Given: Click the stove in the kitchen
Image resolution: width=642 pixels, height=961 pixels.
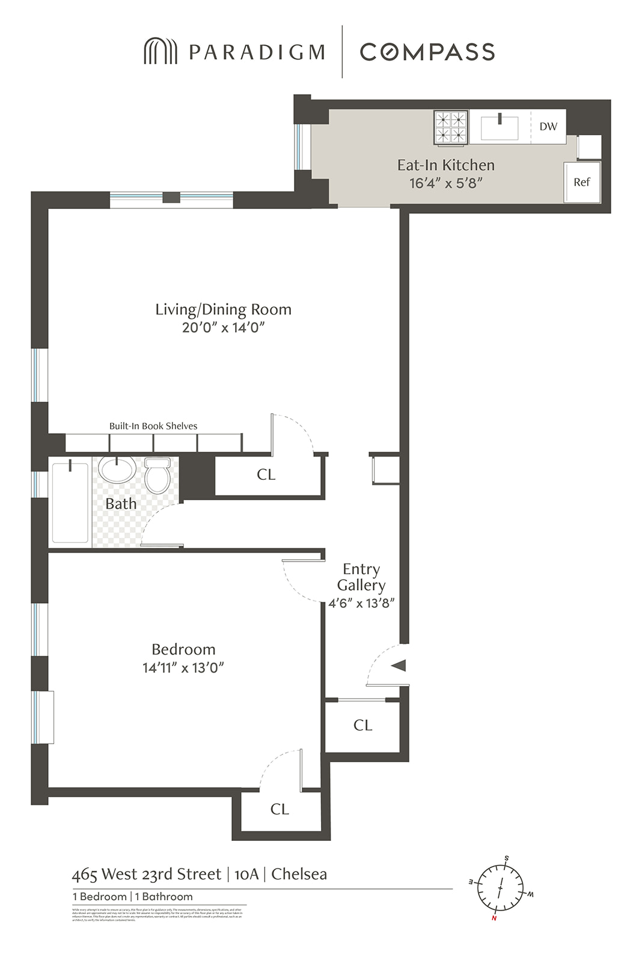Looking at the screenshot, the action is [451, 127].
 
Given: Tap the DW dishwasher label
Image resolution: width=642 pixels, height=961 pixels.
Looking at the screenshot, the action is [548, 127].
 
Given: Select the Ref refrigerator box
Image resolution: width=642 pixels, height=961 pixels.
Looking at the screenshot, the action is [582, 182].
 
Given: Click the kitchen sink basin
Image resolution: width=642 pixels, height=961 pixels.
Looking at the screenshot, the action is [500, 128].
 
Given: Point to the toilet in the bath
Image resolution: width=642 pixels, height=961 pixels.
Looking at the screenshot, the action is [158, 476].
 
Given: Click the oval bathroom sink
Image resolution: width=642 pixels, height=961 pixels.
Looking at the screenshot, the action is [117, 470].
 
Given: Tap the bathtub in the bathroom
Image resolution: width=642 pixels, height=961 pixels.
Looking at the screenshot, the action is [70, 502].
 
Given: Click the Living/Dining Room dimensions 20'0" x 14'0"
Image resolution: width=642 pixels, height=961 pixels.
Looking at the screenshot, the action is [223, 327].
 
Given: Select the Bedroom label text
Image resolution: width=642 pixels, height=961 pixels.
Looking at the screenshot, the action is [183, 649].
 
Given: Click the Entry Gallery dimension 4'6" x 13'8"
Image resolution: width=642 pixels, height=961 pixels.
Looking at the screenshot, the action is [361, 604].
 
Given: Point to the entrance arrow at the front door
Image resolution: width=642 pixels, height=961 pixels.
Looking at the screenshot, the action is [399, 665].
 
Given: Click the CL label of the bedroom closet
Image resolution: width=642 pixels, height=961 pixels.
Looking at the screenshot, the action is [280, 809].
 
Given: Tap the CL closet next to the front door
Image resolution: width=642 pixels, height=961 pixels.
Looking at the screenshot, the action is [362, 725].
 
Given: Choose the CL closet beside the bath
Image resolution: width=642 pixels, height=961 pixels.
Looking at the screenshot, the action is [266, 474].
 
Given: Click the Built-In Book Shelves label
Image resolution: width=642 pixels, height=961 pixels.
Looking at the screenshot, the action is [153, 426].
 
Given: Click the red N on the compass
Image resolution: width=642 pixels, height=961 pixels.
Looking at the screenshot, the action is [494, 918].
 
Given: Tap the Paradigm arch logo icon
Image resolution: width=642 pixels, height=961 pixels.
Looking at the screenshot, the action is [160, 52].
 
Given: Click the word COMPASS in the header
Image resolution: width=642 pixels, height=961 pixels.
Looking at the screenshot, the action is [427, 52].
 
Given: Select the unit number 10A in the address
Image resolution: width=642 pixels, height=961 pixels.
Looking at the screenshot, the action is [246, 874].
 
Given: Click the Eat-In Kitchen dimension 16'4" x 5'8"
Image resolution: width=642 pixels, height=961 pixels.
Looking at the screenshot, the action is [446, 183].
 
